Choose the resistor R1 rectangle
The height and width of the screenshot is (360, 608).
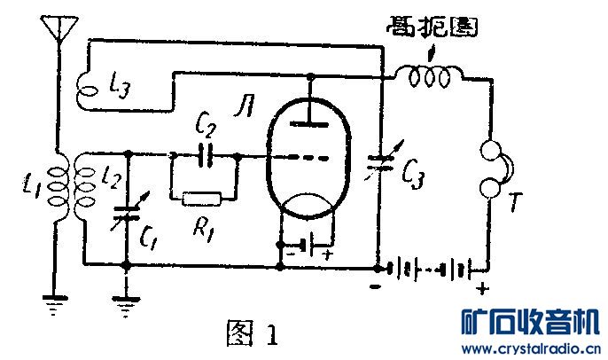point(204,198)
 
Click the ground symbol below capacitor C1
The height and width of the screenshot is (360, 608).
point(127,306)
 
